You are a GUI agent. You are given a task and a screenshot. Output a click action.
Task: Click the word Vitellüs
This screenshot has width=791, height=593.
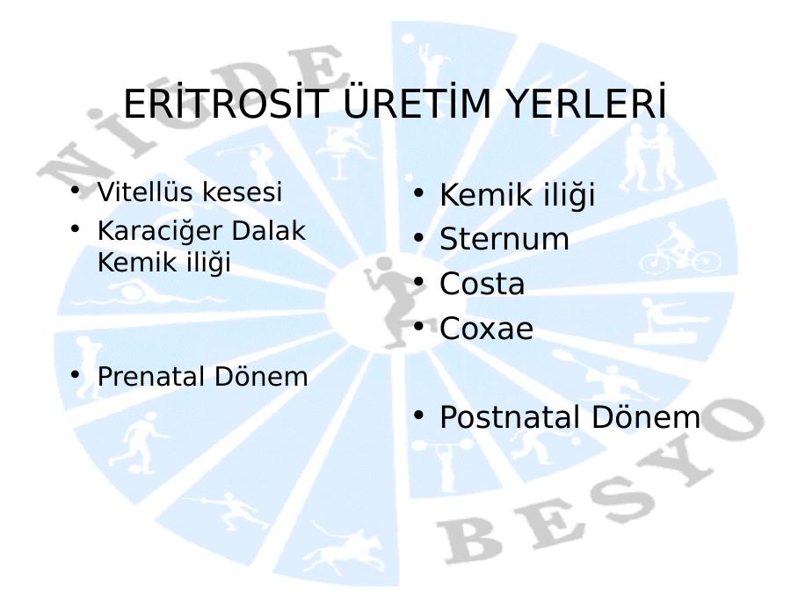(x=145, y=192)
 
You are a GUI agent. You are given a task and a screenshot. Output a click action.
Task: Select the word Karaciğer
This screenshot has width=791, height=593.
(x=160, y=231)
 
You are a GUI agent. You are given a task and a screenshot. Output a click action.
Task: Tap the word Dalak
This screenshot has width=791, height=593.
(x=269, y=230)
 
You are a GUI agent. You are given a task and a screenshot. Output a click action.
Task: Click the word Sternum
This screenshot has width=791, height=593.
(x=504, y=238)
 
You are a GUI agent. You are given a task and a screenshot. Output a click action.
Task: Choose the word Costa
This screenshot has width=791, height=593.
(x=482, y=284)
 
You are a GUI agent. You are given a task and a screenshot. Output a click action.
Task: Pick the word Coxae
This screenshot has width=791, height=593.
(x=486, y=329)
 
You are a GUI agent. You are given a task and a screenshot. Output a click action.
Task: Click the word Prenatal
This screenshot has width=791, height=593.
(x=151, y=376)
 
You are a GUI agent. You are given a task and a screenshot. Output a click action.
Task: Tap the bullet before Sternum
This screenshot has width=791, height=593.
(x=418, y=237)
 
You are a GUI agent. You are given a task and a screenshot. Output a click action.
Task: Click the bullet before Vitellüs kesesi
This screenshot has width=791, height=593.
(x=76, y=190)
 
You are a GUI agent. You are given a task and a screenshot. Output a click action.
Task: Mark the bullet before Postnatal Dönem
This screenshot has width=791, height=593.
(x=418, y=416)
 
